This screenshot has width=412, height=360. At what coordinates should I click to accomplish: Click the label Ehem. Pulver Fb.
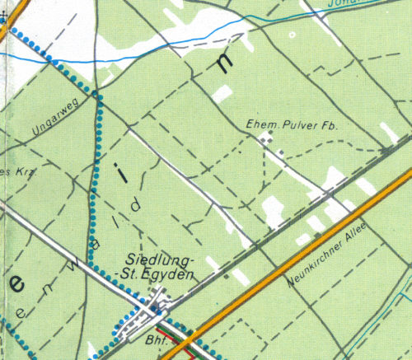tap(293, 125)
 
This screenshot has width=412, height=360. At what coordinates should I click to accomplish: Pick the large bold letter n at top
tap(225, 65)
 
